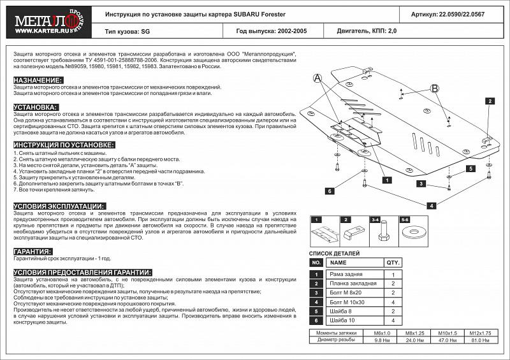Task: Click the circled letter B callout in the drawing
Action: (435, 89)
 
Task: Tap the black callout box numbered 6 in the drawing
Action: (330, 191)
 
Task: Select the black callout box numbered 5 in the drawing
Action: (470, 168)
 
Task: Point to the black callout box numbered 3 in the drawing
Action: (421, 184)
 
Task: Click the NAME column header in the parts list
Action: (339, 263)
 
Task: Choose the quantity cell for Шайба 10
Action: (393, 320)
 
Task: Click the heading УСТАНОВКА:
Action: (36, 107)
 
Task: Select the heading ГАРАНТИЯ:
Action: (33, 251)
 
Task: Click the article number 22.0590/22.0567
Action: (470, 13)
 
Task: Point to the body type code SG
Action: (145, 30)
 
